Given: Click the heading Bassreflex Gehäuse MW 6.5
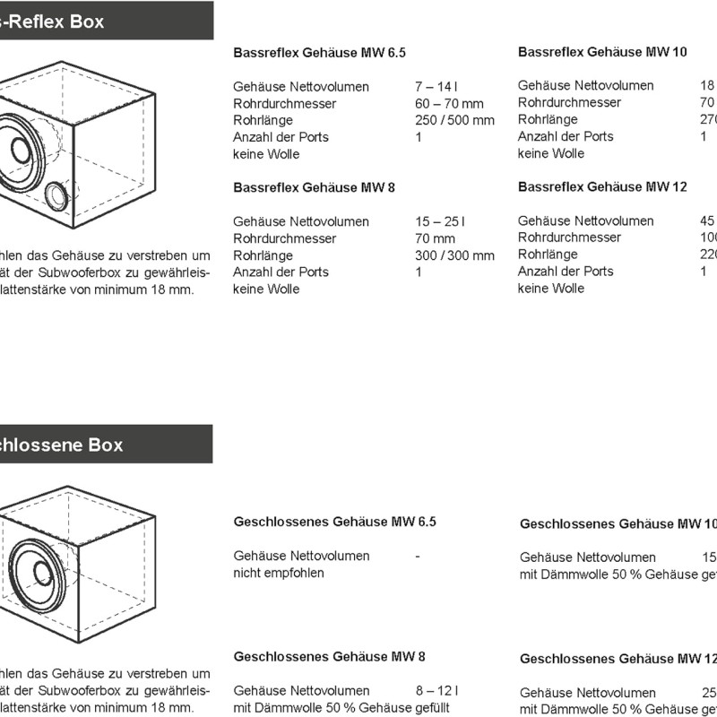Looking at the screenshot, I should coord(319,53).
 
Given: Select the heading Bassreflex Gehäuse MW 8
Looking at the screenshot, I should coord(314,187).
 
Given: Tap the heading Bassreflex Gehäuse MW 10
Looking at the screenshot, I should coord(602,52).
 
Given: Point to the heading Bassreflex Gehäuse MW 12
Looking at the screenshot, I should coord(602,186).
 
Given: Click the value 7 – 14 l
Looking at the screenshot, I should coord(436,87).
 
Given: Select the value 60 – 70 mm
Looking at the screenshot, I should coord(449,104).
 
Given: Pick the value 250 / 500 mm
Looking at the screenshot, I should coord(454,120).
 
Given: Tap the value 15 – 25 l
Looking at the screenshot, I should coord(440,221).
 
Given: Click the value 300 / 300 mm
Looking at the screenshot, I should coord(454,255).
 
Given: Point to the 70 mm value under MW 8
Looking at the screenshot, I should coord(435,238).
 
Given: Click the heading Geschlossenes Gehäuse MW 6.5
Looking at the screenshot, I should coord(334,522).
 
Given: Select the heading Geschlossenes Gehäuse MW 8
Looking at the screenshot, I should coord(329,656).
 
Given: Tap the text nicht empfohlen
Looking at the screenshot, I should coord(279,573).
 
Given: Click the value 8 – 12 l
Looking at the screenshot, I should coord(436,690).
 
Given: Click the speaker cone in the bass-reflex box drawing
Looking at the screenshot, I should coord(20,150).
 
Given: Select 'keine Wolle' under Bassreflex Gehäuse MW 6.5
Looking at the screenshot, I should coord(266,154).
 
